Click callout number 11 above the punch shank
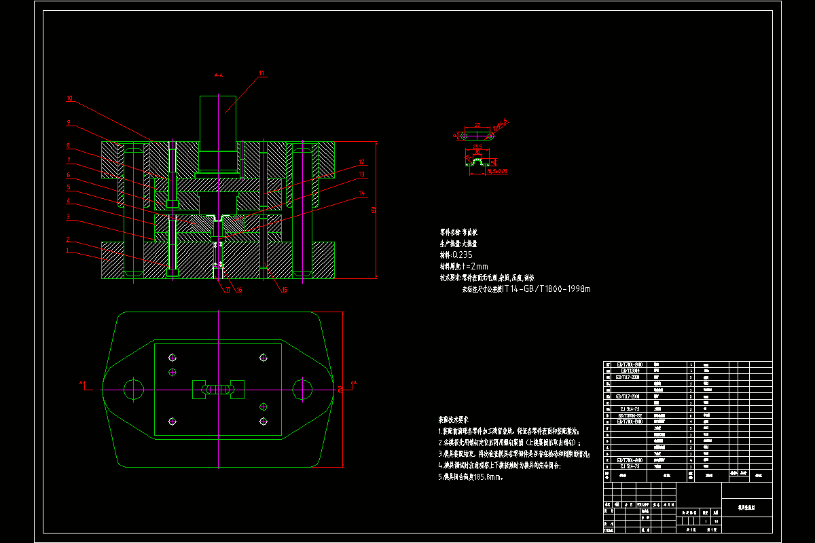[x=261, y=73]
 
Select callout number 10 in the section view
[x=69, y=98]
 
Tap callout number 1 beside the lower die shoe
[x=68, y=250]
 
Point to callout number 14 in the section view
[x=362, y=193]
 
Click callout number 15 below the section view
[x=284, y=290]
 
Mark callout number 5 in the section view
[x=68, y=187]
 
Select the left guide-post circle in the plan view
[x=133, y=389]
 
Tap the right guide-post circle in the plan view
[x=302, y=389]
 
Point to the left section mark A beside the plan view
[x=81, y=383]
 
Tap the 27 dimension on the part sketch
[x=477, y=125]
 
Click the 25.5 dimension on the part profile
[x=477, y=147]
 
